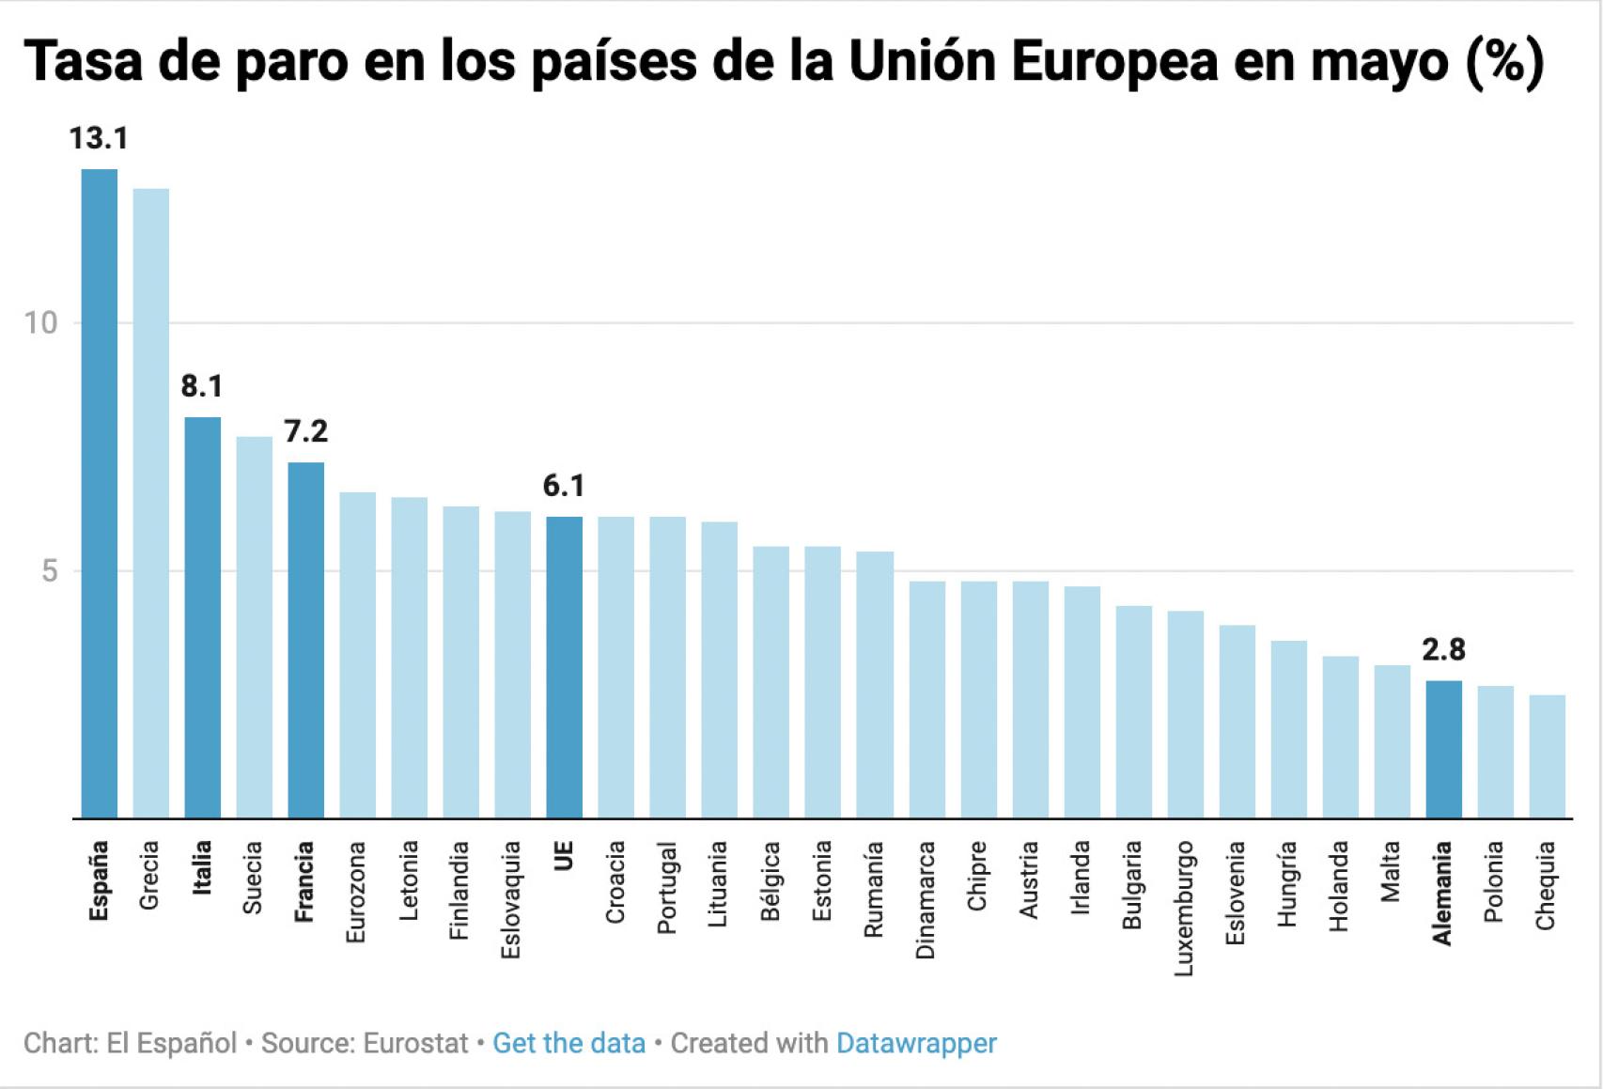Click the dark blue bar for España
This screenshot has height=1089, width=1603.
click(100, 493)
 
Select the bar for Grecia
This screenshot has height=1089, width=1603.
click(151, 503)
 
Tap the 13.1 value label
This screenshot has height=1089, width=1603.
click(99, 139)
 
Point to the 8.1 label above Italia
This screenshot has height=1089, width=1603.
click(202, 386)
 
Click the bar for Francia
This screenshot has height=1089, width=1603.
click(305, 639)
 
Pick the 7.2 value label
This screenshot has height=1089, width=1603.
click(305, 431)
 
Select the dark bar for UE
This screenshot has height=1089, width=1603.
click(564, 667)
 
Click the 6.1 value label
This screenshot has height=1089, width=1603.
click(564, 486)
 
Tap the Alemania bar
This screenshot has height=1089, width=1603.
click(1443, 749)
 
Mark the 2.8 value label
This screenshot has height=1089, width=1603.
click(1443, 649)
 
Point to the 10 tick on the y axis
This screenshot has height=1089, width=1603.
click(40, 323)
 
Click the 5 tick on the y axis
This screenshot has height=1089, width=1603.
click(49, 571)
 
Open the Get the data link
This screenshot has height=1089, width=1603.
click(568, 1043)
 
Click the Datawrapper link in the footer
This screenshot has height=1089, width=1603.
click(916, 1043)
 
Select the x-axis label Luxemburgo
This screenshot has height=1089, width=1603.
click(1184, 908)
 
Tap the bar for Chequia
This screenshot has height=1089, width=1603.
click(1547, 756)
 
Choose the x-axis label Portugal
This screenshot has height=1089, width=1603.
click(667, 888)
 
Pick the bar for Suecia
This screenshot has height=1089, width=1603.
click(254, 627)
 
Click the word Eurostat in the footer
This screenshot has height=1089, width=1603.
click(415, 1043)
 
